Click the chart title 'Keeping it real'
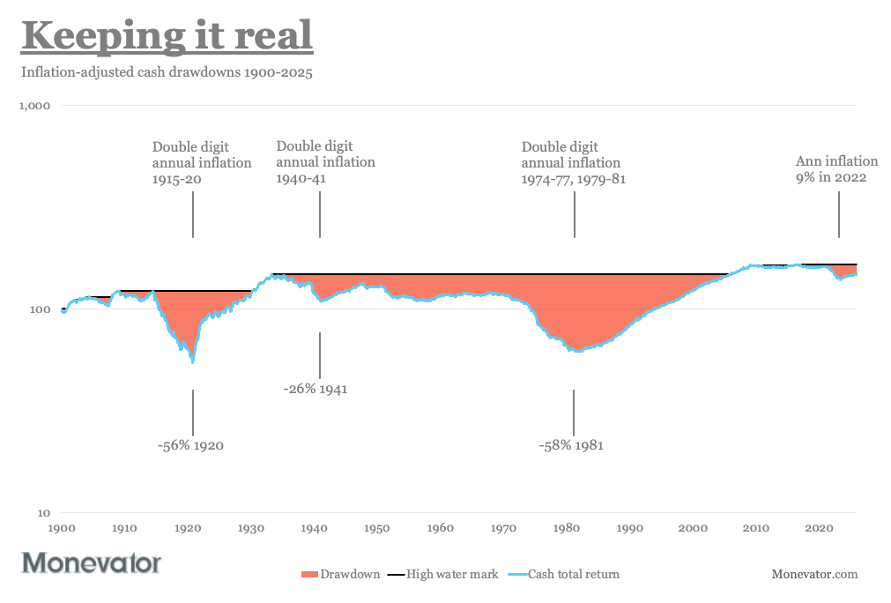click(x=167, y=37)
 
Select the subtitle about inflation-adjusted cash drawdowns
click(x=167, y=72)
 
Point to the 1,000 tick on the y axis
click(x=35, y=106)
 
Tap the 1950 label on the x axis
click(x=377, y=528)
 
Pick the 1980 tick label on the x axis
click(x=567, y=528)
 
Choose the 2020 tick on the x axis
click(x=820, y=528)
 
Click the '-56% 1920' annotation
click(x=191, y=445)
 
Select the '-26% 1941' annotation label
click(x=316, y=389)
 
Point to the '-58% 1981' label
click(x=571, y=445)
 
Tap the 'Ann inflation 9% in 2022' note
click(x=836, y=168)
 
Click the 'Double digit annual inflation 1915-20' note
click(x=202, y=163)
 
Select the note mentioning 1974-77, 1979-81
click(x=573, y=163)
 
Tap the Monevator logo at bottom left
click(x=92, y=562)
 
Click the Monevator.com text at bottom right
click(x=814, y=574)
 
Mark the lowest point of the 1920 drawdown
click(x=192, y=361)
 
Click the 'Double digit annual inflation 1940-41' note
click(x=325, y=162)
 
